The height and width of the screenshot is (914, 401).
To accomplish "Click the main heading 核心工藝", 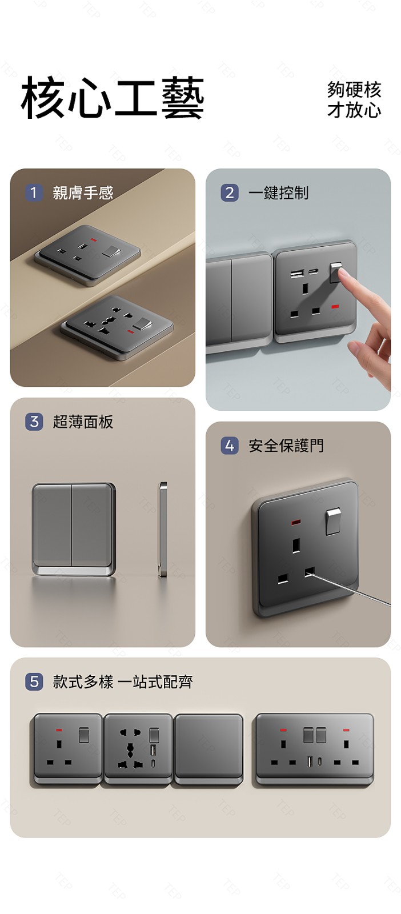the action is (x=112, y=98).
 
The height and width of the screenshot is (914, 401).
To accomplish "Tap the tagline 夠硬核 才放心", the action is (x=354, y=99).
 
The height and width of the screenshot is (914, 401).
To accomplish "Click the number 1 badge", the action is (x=34, y=192).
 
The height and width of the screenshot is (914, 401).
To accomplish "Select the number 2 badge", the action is (x=230, y=192).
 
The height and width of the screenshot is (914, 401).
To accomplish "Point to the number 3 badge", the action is (x=34, y=422).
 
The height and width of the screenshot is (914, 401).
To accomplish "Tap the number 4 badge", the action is (x=230, y=445).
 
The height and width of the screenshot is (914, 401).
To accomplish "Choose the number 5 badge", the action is (x=34, y=682).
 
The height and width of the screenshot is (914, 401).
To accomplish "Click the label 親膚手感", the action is (x=83, y=193).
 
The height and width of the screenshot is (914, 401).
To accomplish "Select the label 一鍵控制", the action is (x=279, y=193).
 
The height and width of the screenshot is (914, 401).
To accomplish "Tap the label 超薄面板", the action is (x=83, y=422).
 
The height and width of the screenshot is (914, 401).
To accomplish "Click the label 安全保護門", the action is (x=286, y=446).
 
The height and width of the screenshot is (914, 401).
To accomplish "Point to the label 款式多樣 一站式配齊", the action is (x=123, y=682).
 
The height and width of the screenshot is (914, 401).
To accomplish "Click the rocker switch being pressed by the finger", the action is (x=335, y=272).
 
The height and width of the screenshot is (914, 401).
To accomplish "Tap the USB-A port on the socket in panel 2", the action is (x=296, y=273).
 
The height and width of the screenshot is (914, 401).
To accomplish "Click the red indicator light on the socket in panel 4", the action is (x=296, y=522).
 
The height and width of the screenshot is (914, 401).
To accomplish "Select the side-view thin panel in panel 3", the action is (x=163, y=529).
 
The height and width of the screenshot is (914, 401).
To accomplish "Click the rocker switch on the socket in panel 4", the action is (x=333, y=522).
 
